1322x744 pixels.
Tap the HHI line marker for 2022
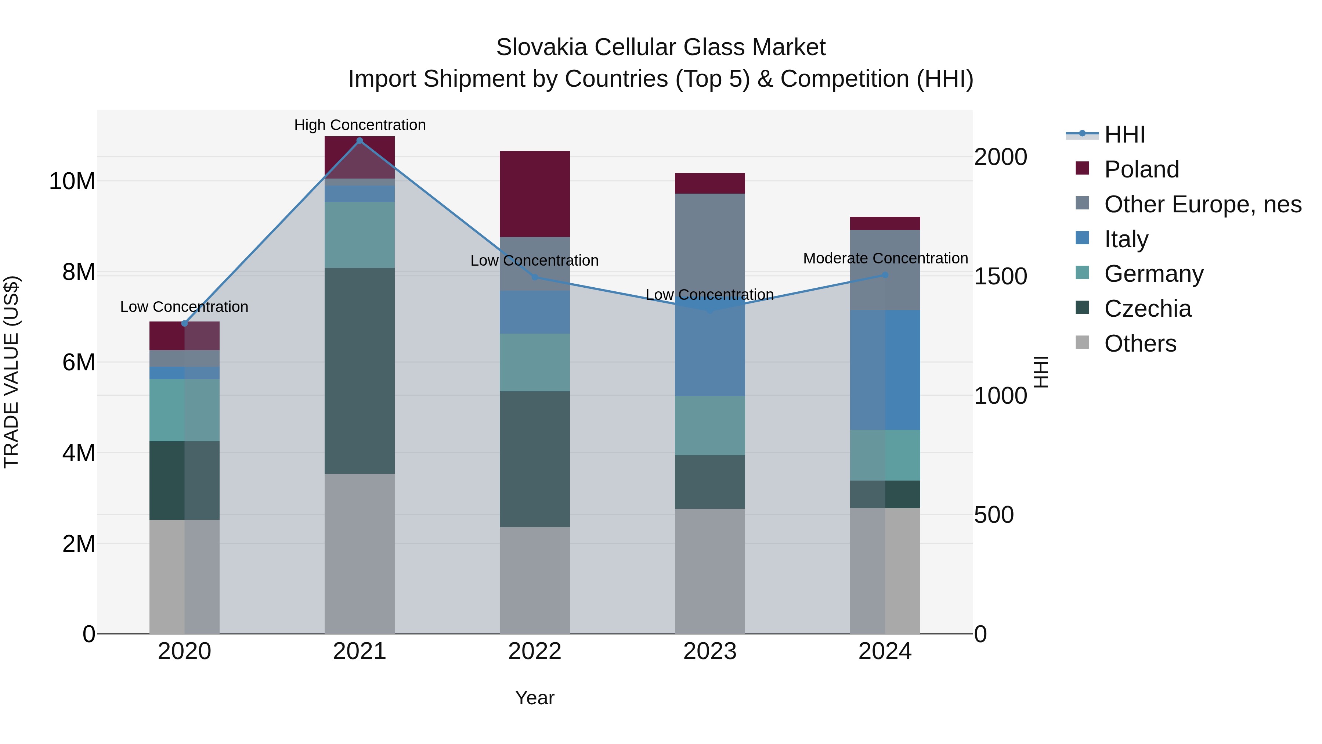click(x=534, y=277)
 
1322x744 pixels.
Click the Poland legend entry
click(x=1141, y=169)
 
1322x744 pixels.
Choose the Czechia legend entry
click(x=1148, y=309)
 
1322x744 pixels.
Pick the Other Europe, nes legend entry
click(x=1202, y=204)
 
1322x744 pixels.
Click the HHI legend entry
click(x=1124, y=134)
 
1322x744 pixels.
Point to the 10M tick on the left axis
click(x=72, y=181)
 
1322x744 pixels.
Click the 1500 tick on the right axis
click(x=1000, y=276)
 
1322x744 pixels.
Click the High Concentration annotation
click(x=360, y=125)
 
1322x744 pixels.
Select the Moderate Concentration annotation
click(x=885, y=258)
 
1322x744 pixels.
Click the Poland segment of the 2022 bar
click(x=534, y=194)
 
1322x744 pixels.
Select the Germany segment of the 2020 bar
click(x=184, y=410)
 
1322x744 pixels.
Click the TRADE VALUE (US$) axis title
click(x=11, y=372)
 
